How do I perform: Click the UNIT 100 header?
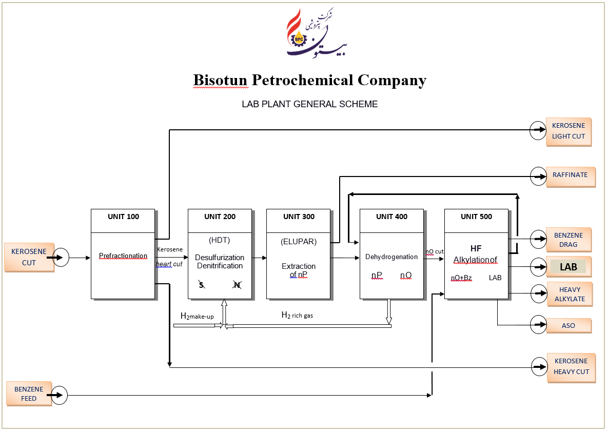click(x=123, y=217)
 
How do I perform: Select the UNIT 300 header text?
click(x=299, y=217)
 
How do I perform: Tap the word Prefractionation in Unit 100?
click(x=123, y=256)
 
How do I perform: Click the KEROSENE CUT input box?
click(x=29, y=257)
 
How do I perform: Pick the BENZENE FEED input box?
click(x=29, y=394)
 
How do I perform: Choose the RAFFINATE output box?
click(x=570, y=175)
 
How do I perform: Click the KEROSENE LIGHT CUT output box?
click(x=568, y=132)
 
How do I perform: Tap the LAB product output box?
click(x=569, y=267)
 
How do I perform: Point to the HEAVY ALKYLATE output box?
click(x=569, y=295)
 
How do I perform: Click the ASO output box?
click(x=569, y=325)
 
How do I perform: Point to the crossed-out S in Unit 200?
click(x=202, y=284)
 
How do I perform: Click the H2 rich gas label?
click(x=297, y=316)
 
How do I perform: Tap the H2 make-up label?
click(x=197, y=317)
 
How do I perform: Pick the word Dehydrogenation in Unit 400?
click(x=391, y=257)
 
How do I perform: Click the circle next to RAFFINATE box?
click(x=538, y=175)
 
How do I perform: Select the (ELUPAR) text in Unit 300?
click(x=299, y=241)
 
